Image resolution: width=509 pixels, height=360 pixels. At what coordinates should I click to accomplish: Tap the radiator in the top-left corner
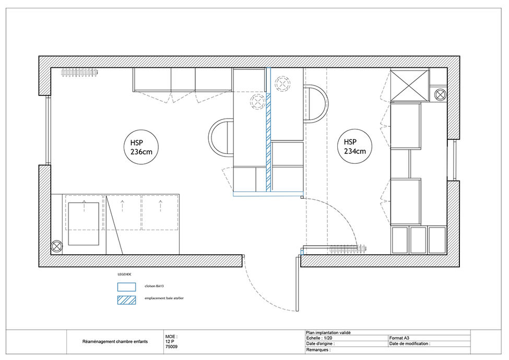[79, 73]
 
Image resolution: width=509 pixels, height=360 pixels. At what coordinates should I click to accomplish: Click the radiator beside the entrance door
[348, 249]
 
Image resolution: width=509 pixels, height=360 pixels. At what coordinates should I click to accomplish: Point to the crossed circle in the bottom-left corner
[57, 246]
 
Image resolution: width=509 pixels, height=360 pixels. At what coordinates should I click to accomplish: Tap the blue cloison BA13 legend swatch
[127, 287]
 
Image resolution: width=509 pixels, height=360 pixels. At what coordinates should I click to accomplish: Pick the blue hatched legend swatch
[127, 300]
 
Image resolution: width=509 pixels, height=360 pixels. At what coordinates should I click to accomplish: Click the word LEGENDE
[124, 274]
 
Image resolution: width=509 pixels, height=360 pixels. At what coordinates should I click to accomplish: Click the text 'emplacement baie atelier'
[164, 298]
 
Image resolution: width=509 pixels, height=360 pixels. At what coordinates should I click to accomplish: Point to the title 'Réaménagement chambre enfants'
[115, 342]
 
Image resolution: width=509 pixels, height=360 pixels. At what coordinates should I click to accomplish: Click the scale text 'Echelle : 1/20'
[319, 338]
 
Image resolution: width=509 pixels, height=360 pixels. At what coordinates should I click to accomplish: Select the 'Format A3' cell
[399, 338]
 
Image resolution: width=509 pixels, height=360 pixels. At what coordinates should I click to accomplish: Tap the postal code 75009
[171, 347]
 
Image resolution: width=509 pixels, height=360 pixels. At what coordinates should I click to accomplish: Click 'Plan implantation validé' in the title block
[328, 333]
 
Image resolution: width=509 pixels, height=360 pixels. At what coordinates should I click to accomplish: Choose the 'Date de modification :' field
[410, 343]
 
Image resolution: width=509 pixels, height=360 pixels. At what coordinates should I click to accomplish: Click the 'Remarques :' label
[318, 350]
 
